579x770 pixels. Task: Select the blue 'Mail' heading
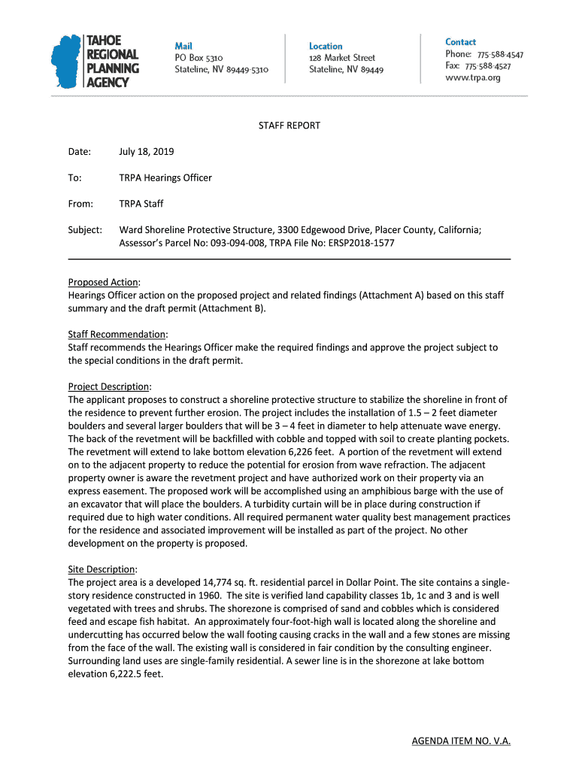pyautogui.click(x=183, y=46)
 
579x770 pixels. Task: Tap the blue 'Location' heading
pyautogui.click(x=326, y=46)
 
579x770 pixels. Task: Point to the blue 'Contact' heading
pyautogui.click(x=460, y=42)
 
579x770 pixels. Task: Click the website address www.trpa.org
pyautogui.click(x=473, y=77)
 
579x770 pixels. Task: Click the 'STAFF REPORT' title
pyautogui.click(x=289, y=126)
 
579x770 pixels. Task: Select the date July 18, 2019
pyautogui.click(x=146, y=152)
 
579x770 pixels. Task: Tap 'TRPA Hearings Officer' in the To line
pyautogui.click(x=165, y=178)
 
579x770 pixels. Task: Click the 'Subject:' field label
pyautogui.click(x=85, y=230)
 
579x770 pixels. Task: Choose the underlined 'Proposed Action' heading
pyautogui.click(x=103, y=282)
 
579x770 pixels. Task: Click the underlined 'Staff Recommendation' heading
pyautogui.click(x=117, y=334)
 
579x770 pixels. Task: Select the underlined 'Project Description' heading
pyautogui.click(x=108, y=387)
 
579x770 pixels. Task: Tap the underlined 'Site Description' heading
pyautogui.click(x=102, y=569)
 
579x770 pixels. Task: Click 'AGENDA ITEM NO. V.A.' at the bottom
pyautogui.click(x=461, y=741)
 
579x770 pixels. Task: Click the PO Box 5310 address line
pyautogui.click(x=199, y=58)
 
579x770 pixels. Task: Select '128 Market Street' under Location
pyautogui.click(x=342, y=58)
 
